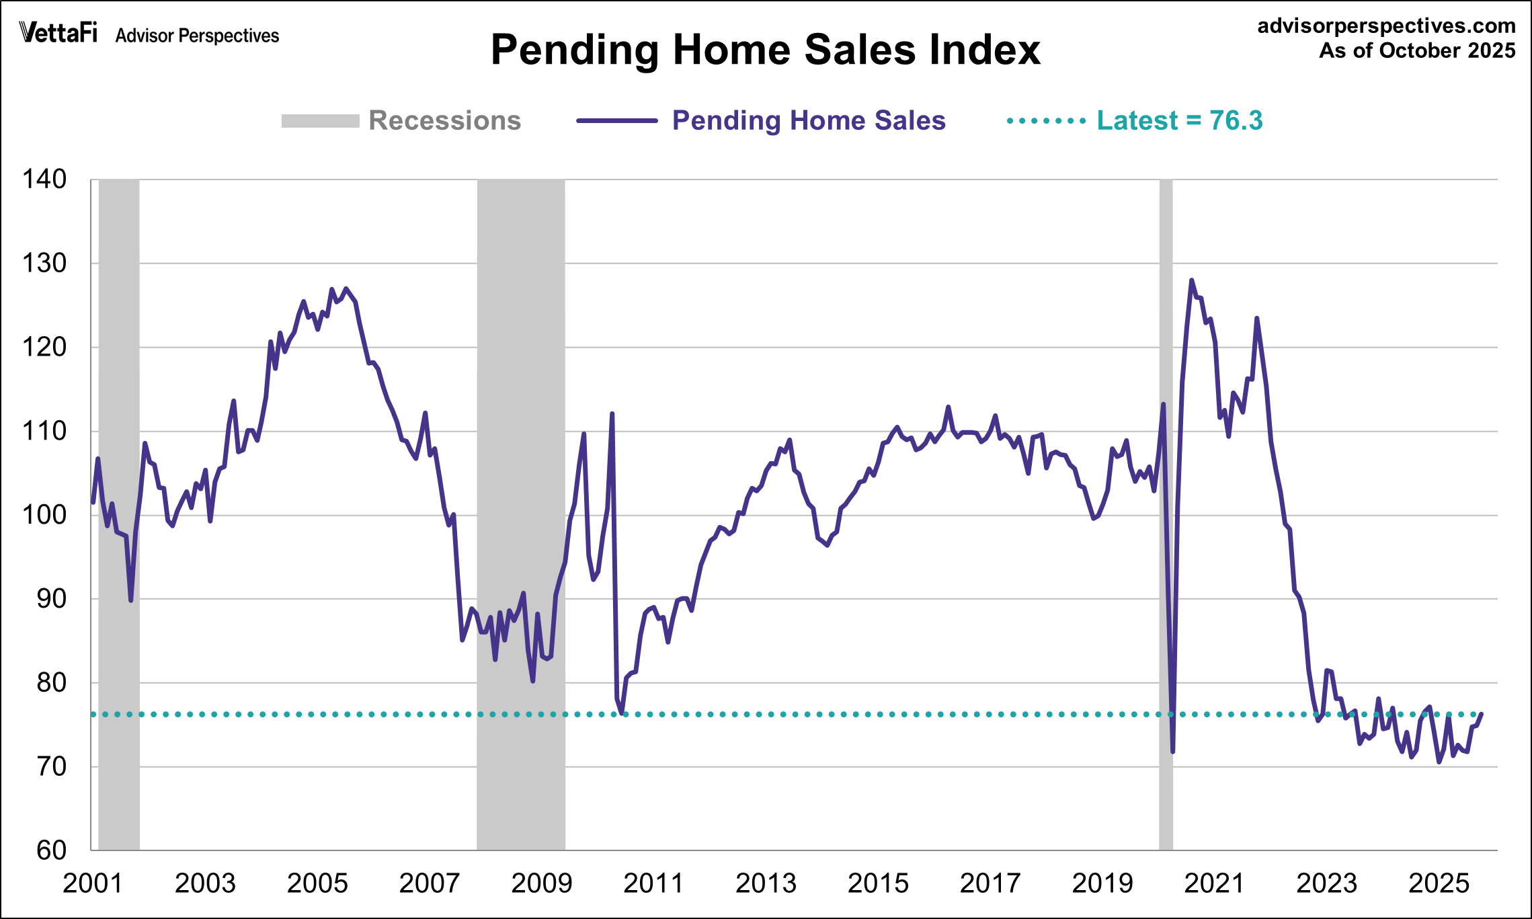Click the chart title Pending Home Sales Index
coord(765,50)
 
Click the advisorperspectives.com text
coord(1386,26)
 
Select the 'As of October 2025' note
coord(1416,51)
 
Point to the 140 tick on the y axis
coord(44,179)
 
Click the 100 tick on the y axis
coord(44,515)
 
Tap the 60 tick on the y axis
coord(51,850)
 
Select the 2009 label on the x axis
coord(541,883)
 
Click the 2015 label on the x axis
coord(878,883)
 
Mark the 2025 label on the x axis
coord(1439,883)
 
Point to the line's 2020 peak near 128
coord(1191,280)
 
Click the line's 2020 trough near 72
coord(1172,751)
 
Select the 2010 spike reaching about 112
coord(612,414)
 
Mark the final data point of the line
coord(1482,715)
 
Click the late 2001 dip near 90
coord(130,600)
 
